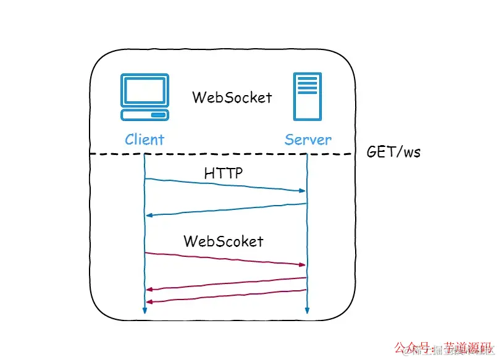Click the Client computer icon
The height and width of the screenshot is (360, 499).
145,98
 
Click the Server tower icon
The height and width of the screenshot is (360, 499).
307,96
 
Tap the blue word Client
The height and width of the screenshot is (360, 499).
145,140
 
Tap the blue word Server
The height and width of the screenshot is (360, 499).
308,140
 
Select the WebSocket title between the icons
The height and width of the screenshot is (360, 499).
232,98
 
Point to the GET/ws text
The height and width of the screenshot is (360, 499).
393,152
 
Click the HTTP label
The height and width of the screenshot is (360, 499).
224,174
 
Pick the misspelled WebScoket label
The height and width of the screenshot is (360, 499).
223,241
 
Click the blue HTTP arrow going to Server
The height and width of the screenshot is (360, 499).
225,185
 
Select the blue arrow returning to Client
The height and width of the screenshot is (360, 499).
225,209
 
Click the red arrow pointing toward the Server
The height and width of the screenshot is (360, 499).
225,259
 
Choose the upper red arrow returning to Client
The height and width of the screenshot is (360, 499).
225,284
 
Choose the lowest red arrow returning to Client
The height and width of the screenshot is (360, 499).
225,296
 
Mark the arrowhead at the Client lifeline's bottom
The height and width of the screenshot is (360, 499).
144,310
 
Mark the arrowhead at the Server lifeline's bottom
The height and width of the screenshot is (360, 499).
307,310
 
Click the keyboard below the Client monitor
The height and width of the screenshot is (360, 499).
145,115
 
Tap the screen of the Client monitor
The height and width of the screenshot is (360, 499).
145,90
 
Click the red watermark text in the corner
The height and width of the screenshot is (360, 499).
442,348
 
